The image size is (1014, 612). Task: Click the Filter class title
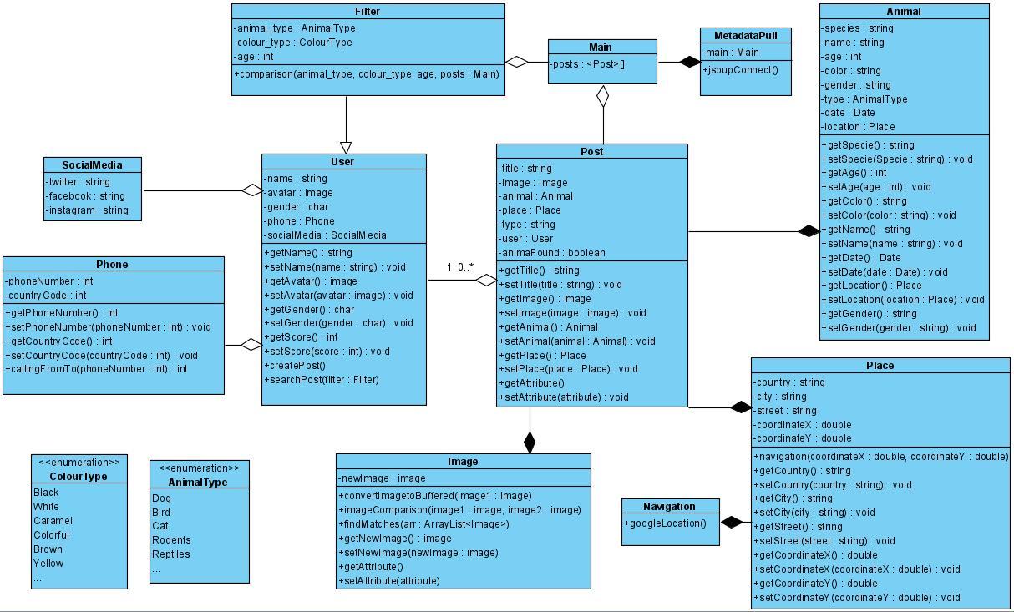click(x=368, y=12)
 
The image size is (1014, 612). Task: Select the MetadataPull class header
click(x=746, y=36)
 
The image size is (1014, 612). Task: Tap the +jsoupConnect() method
click(x=742, y=69)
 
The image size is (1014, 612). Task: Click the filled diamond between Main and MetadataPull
click(x=689, y=62)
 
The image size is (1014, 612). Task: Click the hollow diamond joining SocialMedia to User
click(x=252, y=190)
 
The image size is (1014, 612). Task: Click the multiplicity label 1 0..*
click(x=460, y=267)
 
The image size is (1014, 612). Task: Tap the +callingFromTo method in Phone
click(x=96, y=368)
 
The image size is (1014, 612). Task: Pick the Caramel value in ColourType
click(x=53, y=520)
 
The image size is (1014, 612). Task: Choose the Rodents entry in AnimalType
click(x=171, y=539)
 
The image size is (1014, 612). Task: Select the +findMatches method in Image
click(x=424, y=523)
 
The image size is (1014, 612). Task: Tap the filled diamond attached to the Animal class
click(x=808, y=231)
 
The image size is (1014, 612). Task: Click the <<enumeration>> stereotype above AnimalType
click(x=199, y=468)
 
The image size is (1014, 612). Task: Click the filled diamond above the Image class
click(x=529, y=443)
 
